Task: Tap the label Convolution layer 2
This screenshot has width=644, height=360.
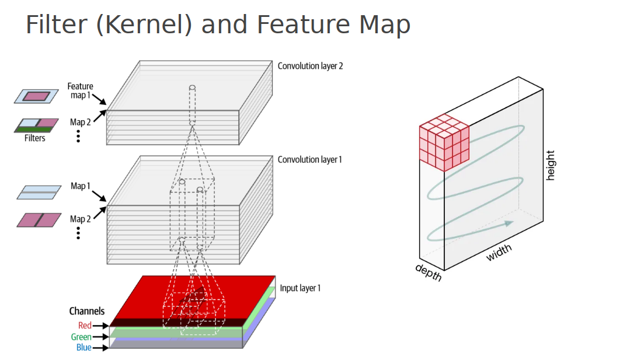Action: (x=310, y=66)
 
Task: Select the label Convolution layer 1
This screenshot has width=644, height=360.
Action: (x=309, y=159)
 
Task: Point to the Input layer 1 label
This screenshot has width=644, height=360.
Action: (x=300, y=288)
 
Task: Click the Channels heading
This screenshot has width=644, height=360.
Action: (x=87, y=311)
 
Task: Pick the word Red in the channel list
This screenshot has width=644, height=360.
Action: (x=85, y=326)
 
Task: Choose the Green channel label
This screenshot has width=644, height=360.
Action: (x=81, y=337)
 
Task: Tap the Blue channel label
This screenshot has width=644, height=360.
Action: (x=83, y=348)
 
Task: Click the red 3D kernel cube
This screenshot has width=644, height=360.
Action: (x=444, y=142)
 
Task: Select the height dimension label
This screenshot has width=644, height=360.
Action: (x=550, y=165)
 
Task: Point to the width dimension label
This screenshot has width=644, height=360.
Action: (x=499, y=252)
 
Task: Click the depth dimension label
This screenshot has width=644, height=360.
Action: (x=428, y=272)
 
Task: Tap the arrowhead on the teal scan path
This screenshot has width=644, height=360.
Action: (x=509, y=223)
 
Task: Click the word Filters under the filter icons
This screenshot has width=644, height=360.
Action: (x=35, y=138)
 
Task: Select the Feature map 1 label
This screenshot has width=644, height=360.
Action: (x=80, y=90)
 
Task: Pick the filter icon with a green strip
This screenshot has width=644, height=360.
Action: (x=36, y=125)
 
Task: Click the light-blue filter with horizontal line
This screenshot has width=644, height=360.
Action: (x=38, y=193)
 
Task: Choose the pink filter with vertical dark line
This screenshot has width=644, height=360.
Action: (x=39, y=220)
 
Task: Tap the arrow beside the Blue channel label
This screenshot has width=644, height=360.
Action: (x=101, y=348)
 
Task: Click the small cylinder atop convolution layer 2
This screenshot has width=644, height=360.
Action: (x=192, y=88)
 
